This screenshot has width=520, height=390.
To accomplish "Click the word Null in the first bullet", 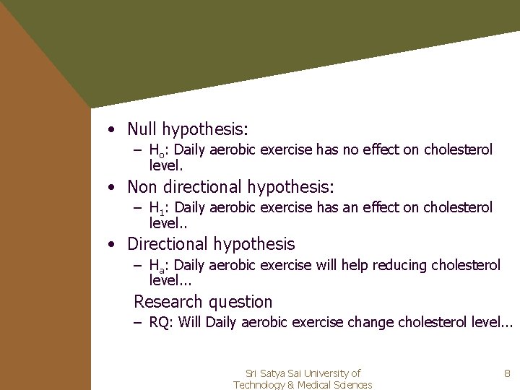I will pyautogui.click(x=142, y=129).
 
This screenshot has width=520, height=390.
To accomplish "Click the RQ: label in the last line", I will pyautogui.click(x=161, y=323).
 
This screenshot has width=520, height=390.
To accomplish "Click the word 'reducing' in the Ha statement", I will pyautogui.click(x=399, y=266).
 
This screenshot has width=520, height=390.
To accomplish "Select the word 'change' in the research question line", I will pyautogui.click(x=369, y=322).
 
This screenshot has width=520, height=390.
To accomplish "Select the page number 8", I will pyautogui.click(x=507, y=374).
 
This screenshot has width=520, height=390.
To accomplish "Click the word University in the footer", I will pyautogui.click(x=325, y=373).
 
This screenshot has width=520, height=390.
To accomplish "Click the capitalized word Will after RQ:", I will pyautogui.click(x=190, y=322).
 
